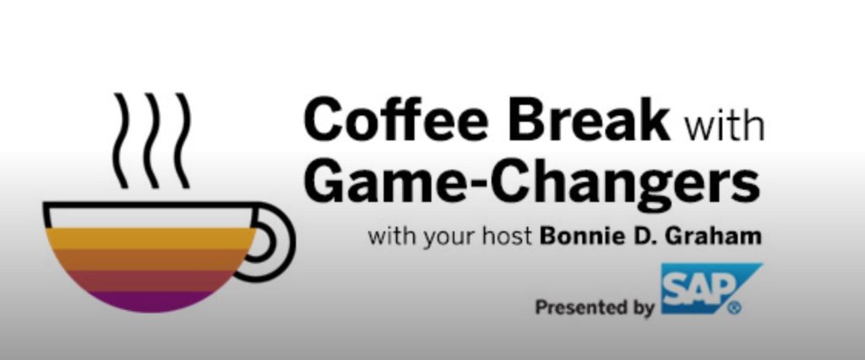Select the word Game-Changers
point(532,181)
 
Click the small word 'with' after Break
point(723,127)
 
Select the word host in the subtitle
point(507,237)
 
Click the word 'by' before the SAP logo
point(641,308)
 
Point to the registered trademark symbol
point(734,308)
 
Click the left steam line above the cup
point(121,141)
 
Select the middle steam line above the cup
point(152,141)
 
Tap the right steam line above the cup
point(182,141)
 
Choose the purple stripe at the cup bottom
point(150,302)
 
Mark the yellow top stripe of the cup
point(150,238)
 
